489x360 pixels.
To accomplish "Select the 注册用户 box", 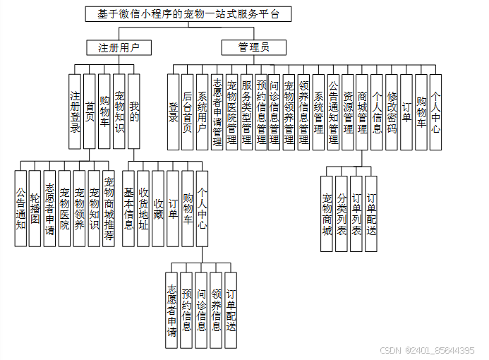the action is [113, 48].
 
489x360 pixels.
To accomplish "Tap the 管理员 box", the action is [254, 48].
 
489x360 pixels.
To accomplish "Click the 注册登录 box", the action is [75, 112].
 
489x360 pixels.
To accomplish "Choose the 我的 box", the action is [134, 112].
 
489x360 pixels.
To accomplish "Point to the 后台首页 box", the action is [187, 112].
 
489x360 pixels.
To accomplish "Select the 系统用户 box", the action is [202, 112].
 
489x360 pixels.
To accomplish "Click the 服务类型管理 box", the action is [246, 112].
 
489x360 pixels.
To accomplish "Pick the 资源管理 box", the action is [348, 112].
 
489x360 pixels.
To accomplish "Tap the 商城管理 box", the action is [362, 112].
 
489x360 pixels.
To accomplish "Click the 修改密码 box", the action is [392, 112].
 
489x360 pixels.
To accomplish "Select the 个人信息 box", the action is [377, 112].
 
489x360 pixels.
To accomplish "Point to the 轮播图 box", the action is [35, 208].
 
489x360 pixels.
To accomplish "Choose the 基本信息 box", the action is [128, 208].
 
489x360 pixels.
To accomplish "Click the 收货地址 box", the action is [143, 208].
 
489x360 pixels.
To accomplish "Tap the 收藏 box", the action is [158, 208].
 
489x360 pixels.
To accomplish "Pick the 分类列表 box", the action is [342, 214].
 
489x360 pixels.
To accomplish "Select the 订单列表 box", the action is [356, 214].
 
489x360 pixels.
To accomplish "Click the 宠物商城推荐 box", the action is [109, 208].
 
